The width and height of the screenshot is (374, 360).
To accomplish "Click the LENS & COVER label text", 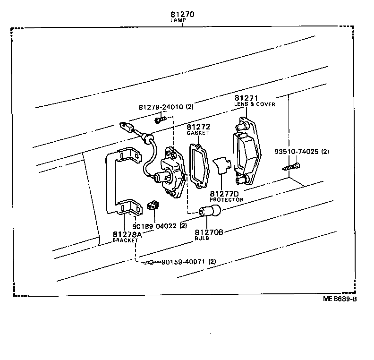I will click(x=255, y=104).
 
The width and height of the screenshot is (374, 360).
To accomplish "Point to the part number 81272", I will click(x=198, y=127).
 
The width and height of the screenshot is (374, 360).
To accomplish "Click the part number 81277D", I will click(x=224, y=194).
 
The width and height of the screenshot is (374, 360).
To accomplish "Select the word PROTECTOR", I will click(x=227, y=200).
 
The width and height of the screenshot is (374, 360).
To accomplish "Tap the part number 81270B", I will click(x=209, y=232).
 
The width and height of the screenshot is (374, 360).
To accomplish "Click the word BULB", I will click(x=202, y=239).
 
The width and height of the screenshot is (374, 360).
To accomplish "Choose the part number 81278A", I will click(x=127, y=234).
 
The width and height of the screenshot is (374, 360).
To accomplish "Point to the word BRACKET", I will click(x=125, y=240).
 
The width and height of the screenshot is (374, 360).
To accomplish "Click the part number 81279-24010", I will click(x=161, y=107).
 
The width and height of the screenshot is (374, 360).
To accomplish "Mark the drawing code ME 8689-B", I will click(x=340, y=299).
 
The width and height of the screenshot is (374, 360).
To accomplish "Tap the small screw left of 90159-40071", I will click(x=149, y=262).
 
